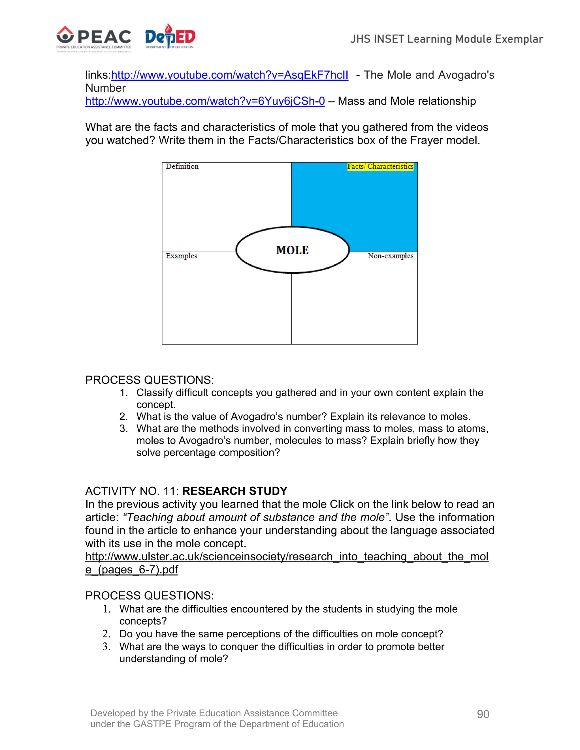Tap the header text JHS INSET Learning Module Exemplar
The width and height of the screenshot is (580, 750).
446,39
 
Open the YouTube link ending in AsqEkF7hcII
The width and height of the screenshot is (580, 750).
229,75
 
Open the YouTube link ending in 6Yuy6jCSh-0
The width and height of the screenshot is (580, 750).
205,101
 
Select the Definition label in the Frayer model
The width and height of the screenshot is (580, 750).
182,166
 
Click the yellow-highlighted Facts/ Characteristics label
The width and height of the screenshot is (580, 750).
380,166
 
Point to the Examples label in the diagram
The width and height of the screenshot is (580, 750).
182,256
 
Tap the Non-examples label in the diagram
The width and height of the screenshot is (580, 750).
390,256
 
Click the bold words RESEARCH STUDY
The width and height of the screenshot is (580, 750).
235,491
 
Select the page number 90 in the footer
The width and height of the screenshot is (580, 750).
483,714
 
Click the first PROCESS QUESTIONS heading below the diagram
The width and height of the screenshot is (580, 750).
150,380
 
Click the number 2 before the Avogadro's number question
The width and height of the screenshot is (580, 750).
123,417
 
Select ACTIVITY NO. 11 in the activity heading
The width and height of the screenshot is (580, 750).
132,491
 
